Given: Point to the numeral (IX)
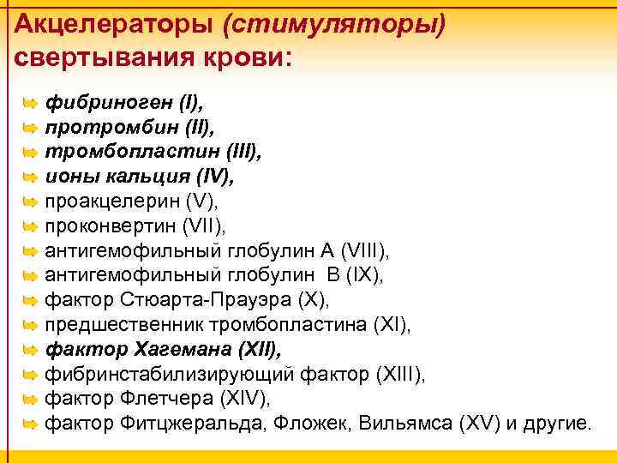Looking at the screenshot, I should point(358,276).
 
